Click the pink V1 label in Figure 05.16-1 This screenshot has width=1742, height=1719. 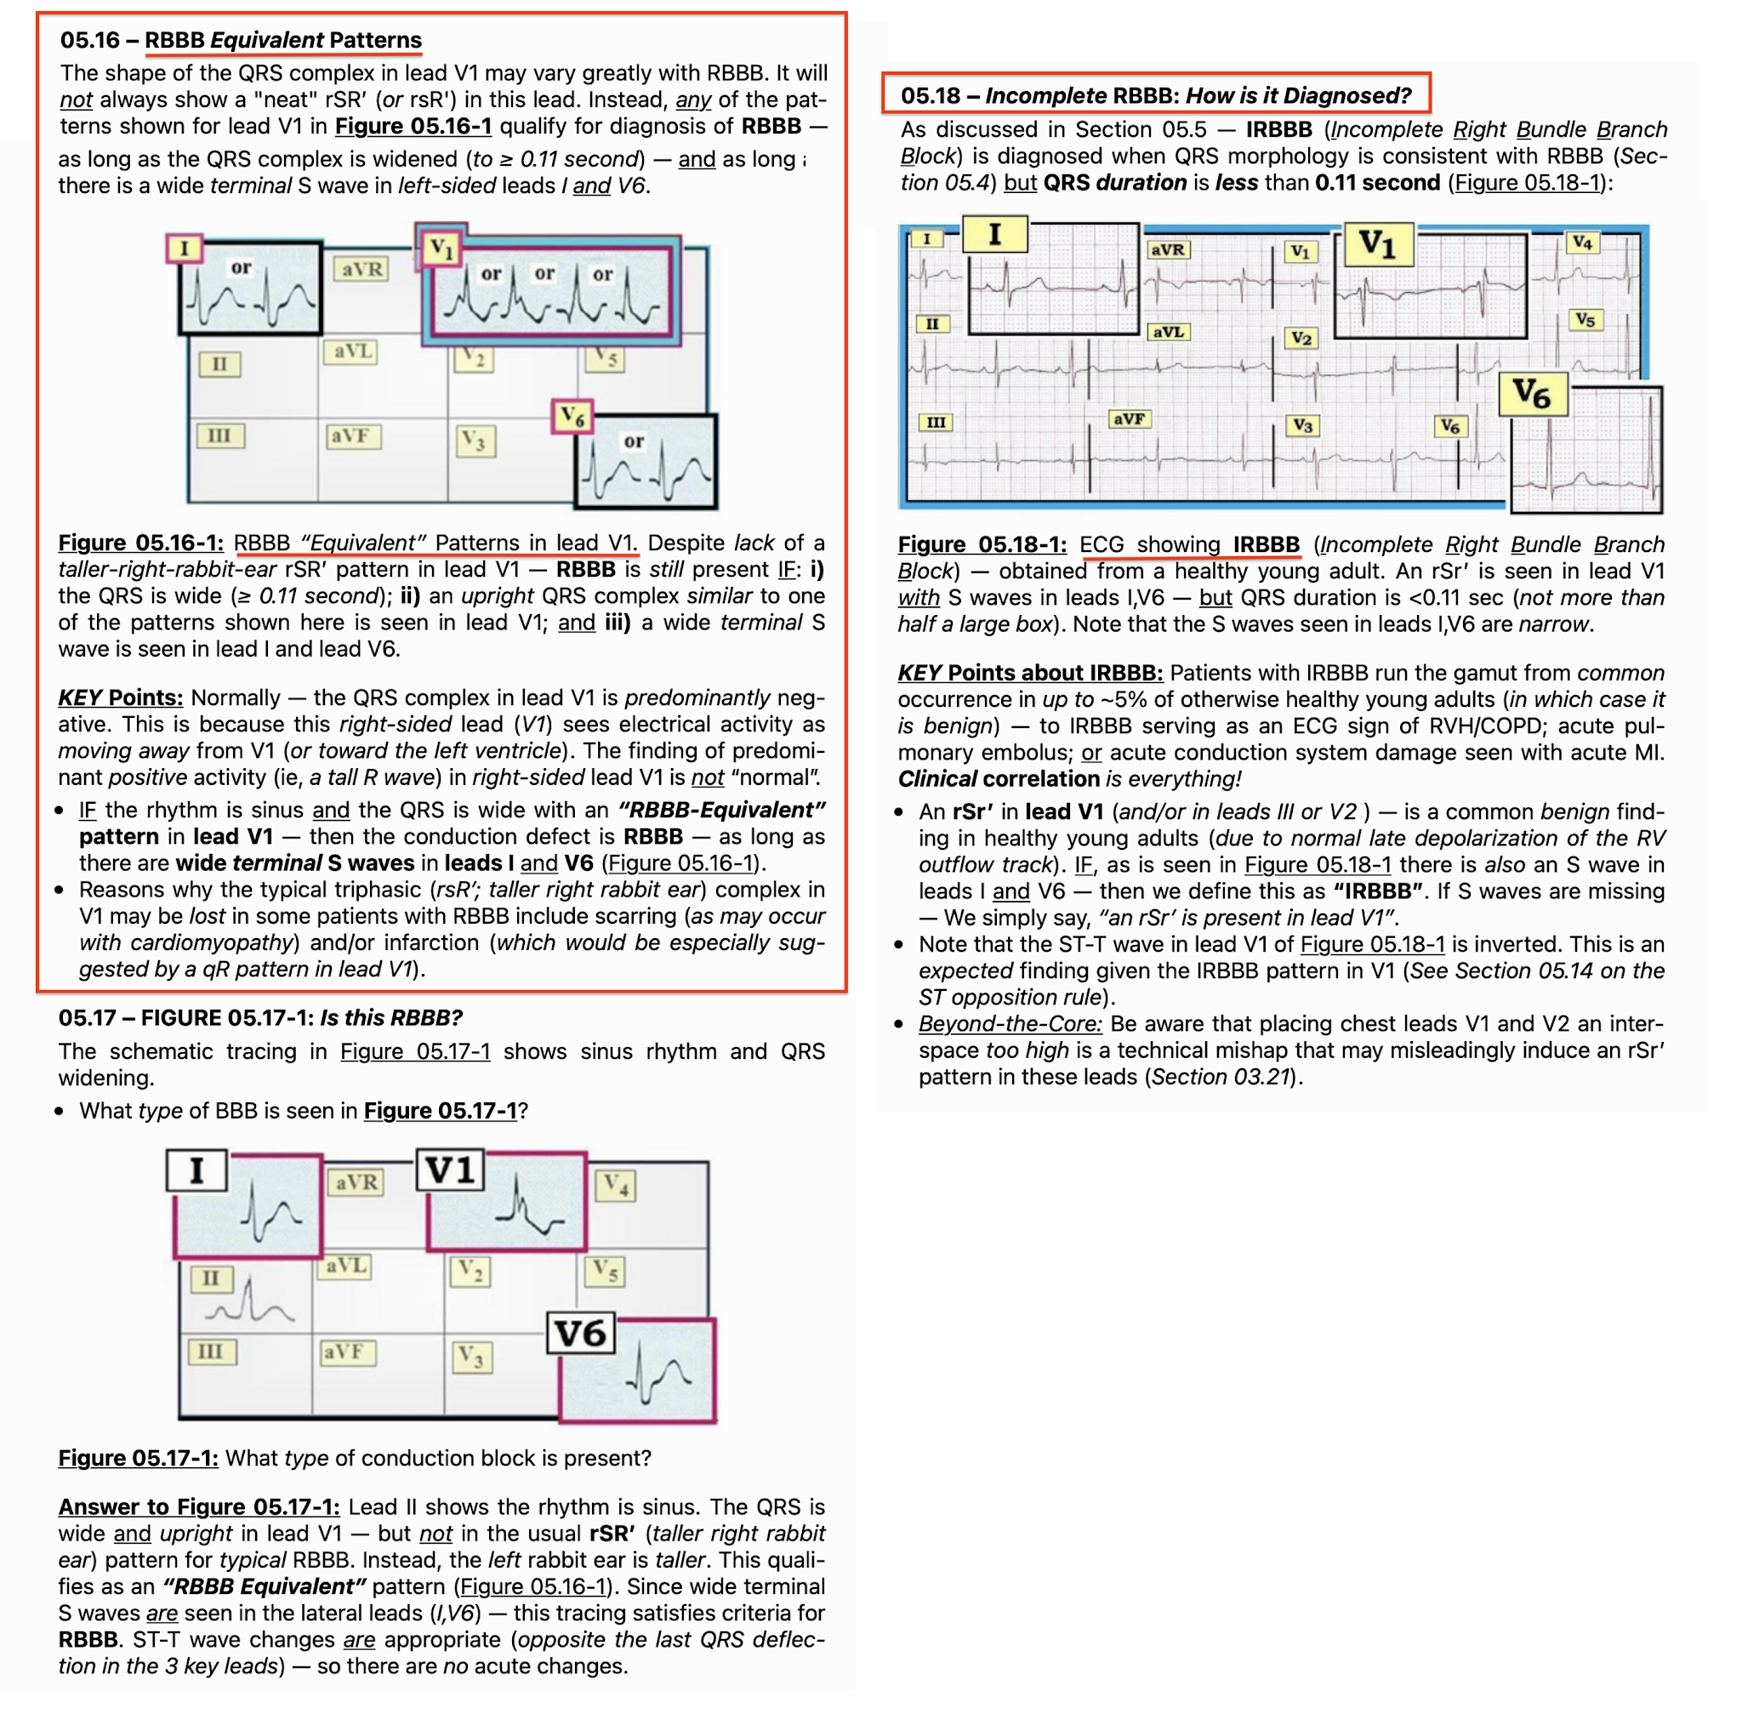(x=441, y=247)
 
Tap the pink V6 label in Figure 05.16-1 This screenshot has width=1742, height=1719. (x=572, y=417)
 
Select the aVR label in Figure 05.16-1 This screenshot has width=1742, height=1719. (x=361, y=269)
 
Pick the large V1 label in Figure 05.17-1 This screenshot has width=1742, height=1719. (x=450, y=1170)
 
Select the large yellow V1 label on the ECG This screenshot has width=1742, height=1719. (x=1378, y=244)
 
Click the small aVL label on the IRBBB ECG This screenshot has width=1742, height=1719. (x=1168, y=332)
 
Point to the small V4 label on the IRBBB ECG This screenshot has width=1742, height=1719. (x=1582, y=242)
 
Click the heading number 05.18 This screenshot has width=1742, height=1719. (x=931, y=95)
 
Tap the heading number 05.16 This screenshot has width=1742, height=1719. (x=89, y=40)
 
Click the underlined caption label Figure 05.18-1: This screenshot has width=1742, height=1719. (x=982, y=544)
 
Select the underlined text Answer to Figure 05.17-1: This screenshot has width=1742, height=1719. (x=199, y=1506)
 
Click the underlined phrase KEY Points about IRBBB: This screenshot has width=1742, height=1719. (x=1030, y=673)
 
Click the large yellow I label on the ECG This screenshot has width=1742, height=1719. (x=994, y=235)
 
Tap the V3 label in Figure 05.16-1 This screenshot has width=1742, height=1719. (x=475, y=441)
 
